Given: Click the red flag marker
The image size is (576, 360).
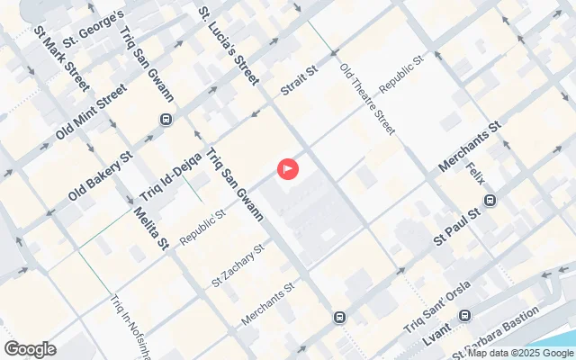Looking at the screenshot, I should point(288,167).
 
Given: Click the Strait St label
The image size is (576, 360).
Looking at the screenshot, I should point(300,77).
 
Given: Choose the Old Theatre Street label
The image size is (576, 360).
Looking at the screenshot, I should point(366,98).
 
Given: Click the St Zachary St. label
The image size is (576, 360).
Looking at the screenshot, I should point(237,265).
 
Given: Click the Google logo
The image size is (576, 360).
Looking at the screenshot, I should point(30,349).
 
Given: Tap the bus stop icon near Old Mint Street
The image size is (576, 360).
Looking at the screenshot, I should point(166,119).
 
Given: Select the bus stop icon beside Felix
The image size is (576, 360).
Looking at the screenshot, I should point(490,202).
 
